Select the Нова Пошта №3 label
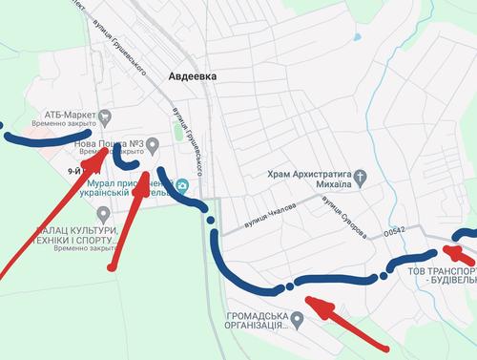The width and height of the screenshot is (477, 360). pos(108,144)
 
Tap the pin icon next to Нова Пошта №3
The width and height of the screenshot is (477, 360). pos(152,144)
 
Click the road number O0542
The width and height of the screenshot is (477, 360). pos(395,231)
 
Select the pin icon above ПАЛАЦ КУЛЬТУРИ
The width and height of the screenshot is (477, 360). pos(102,213)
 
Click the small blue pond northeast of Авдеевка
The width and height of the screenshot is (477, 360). pos(357,37)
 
